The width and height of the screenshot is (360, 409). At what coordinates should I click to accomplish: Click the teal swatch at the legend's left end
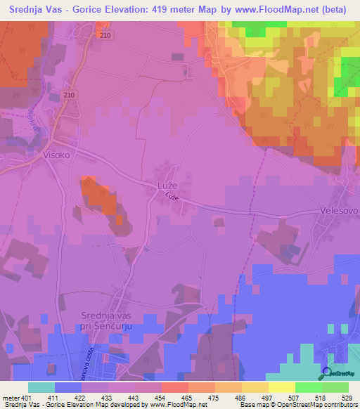pos(41,387)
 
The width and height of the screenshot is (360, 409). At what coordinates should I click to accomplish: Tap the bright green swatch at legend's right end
pos(335,387)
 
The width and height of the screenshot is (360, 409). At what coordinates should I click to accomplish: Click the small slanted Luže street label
pos(174,200)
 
